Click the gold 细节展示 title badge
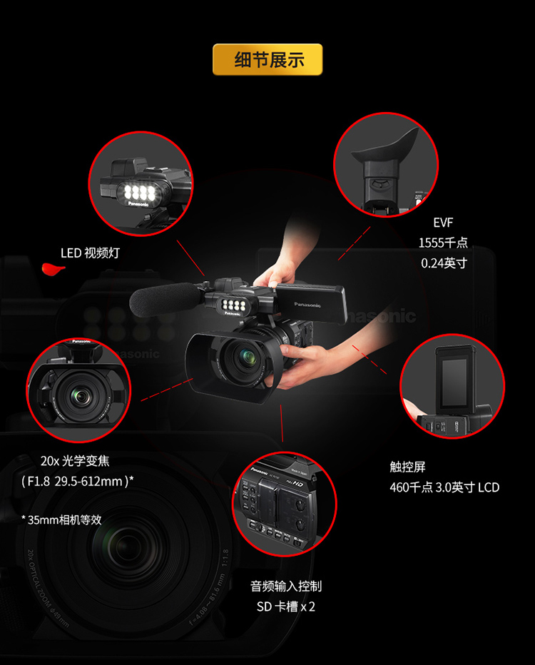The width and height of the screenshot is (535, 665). pyautogui.click(x=267, y=59)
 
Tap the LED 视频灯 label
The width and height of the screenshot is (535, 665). pyautogui.click(x=90, y=253)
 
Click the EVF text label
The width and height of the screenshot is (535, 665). pyautogui.click(x=443, y=223)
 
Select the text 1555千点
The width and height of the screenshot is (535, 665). pyautogui.click(x=443, y=243)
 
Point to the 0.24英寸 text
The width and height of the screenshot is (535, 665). pyautogui.click(x=444, y=263)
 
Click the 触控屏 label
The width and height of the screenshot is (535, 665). pyautogui.click(x=407, y=467)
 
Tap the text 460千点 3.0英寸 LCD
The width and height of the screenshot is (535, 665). pyautogui.click(x=444, y=487)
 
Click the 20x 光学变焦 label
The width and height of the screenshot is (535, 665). pyautogui.click(x=75, y=461)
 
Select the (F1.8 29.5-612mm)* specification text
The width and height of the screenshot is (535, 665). pyautogui.click(x=78, y=482)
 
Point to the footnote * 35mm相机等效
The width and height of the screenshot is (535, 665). pyautogui.click(x=61, y=519)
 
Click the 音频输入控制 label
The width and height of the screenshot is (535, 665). pyautogui.click(x=286, y=586)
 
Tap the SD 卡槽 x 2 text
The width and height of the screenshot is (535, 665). pyautogui.click(x=286, y=606)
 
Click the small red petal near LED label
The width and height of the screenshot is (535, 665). pyautogui.click(x=53, y=268)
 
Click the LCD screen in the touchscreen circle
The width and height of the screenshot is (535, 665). pyautogui.click(x=454, y=384)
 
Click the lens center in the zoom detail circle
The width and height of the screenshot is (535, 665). pyautogui.click(x=80, y=396)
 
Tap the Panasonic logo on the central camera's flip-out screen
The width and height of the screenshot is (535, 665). pyautogui.click(x=307, y=305)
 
